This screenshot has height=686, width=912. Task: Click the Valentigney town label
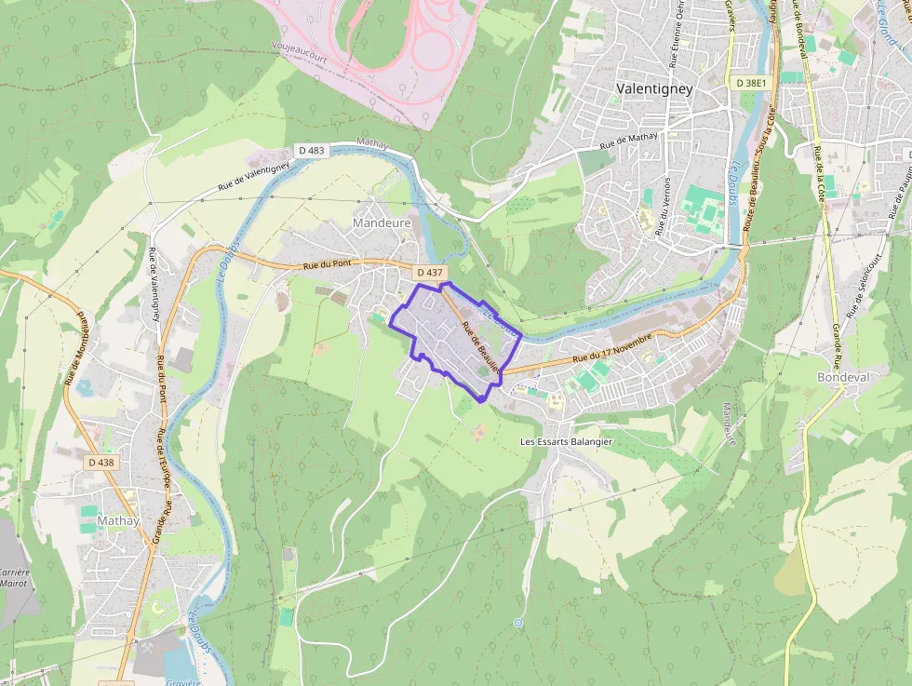pos(654,88)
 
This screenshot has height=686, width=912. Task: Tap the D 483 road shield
pos(312,150)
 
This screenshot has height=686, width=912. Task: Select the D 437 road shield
pos(429,272)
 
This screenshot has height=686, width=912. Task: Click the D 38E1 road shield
pos(750,83)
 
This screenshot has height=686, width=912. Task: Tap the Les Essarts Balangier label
pos(566,441)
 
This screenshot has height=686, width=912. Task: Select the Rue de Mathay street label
pos(628,141)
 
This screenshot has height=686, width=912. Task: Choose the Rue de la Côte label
pos(820,172)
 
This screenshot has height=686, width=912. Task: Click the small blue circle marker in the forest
pos(517,622)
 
